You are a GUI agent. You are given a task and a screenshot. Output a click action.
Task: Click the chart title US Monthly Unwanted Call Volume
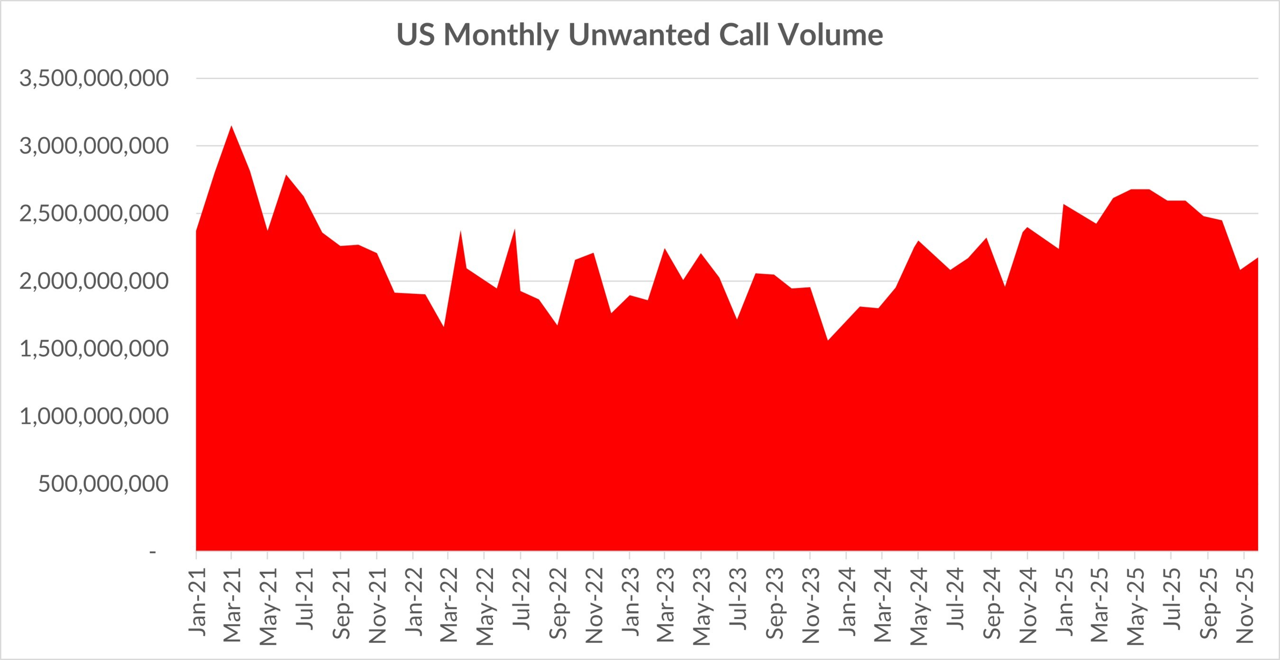[640, 35]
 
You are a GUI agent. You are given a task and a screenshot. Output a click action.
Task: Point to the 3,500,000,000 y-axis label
[94, 79]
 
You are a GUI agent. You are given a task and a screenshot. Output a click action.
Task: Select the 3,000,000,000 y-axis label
[94, 146]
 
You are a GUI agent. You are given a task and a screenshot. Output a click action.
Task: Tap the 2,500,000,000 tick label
[94, 214]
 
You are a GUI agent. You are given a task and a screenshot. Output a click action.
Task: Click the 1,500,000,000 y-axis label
[94, 349]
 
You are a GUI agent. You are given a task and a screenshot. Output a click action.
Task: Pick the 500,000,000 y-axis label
[103, 484]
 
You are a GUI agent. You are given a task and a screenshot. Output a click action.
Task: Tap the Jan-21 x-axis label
[197, 602]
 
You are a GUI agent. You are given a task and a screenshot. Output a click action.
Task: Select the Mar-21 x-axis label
[232, 605]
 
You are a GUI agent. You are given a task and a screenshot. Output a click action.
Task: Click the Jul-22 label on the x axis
[521, 599]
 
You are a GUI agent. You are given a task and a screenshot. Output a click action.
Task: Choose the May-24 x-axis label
[919, 606]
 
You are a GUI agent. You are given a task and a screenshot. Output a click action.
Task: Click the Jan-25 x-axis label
[1064, 602]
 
